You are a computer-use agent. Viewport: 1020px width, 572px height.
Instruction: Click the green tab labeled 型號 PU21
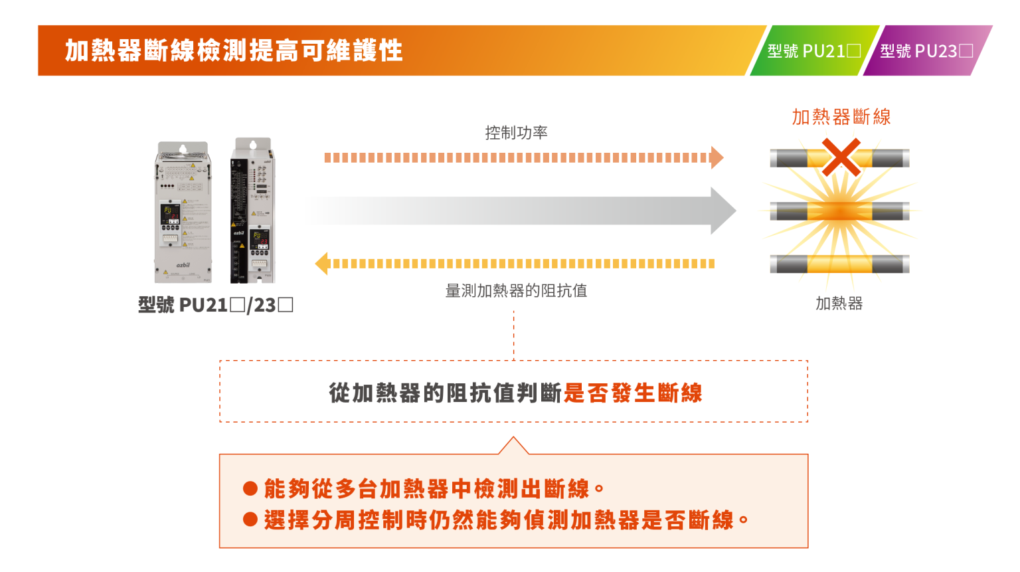[815, 50]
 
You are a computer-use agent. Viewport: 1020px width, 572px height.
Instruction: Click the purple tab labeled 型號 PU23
[927, 50]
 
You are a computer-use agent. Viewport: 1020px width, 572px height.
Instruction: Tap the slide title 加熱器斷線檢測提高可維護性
[234, 50]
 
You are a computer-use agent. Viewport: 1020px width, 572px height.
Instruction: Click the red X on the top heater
[841, 157]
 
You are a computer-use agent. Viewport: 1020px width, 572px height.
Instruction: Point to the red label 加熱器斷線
[841, 117]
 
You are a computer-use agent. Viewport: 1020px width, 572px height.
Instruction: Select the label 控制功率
[516, 132]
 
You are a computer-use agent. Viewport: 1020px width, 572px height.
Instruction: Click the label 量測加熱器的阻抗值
[516, 290]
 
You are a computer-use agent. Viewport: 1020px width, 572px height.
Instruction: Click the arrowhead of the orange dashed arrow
[717, 157]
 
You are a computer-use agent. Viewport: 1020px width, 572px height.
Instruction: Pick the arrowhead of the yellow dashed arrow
[321, 264]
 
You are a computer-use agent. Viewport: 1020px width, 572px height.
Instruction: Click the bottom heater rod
[839, 264]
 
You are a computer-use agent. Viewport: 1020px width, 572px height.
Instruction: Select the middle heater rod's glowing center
[839, 211]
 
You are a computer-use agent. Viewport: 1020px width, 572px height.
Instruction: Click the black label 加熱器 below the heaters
[839, 304]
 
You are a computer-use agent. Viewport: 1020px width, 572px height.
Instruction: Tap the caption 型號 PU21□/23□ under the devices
[215, 305]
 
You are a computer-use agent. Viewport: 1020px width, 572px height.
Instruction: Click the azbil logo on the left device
[183, 264]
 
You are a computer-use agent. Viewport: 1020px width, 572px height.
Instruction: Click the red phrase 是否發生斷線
[633, 393]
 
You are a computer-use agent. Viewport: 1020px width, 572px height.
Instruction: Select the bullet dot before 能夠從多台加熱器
[250, 489]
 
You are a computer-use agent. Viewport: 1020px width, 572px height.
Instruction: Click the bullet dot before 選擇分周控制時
[250, 519]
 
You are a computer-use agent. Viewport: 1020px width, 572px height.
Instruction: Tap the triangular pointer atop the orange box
[513, 446]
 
